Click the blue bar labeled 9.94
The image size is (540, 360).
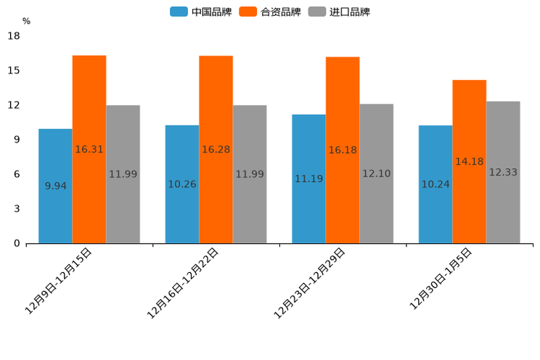click(x=55, y=186)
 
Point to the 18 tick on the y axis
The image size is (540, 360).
click(x=13, y=36)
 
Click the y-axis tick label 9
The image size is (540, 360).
click(x=17, y=139)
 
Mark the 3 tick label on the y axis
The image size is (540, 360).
click(x=17, y=209)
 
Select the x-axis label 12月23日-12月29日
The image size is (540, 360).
click(x=311, y=282)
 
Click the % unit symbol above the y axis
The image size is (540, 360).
click(x=26, y=21)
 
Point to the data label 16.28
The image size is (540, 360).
click(x=216, y=150)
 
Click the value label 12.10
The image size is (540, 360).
click(x=376, y=174)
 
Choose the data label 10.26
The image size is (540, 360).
click(x=182, y=184)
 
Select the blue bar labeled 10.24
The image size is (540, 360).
click(x=435, y=184)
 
